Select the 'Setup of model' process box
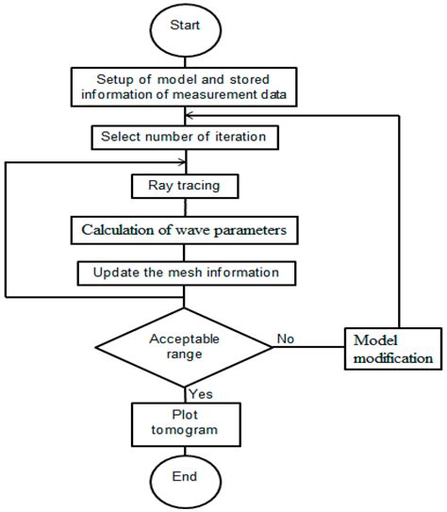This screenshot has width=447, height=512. (185, 87)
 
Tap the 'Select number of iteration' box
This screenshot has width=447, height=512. (185, 138)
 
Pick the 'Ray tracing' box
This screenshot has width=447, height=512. (185, 186)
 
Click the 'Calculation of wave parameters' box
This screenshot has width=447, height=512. (185, 229)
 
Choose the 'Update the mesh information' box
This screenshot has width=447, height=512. (185, 273)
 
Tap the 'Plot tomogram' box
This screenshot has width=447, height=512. (185, 421)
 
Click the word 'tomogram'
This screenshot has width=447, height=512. (185, 430)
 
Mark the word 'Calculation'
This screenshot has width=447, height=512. (123, 229)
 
